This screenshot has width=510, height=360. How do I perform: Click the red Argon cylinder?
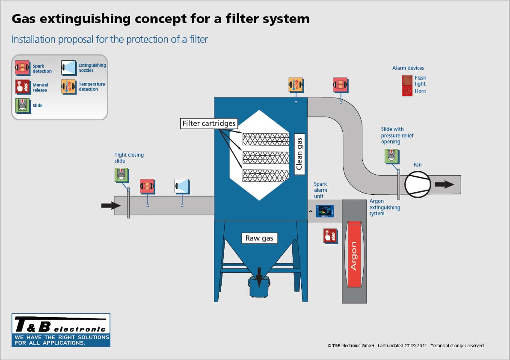(x=353, y=255)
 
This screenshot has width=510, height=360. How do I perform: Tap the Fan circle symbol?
(x=417, y=184)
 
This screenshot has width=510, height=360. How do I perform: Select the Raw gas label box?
(x=259, y=238)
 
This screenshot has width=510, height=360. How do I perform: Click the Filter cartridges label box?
(x=209, y=124)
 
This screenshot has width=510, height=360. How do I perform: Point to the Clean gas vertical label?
(x=299, y=154)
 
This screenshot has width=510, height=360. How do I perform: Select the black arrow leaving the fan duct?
(x=444, y=184)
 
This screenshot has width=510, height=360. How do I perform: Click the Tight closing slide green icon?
(x=121, y=175)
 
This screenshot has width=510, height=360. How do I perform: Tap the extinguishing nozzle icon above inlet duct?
(x=182, y=186)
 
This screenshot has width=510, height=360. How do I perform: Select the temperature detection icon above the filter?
(x=296, y=84)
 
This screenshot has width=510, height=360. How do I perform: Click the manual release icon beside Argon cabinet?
(x=330, y=235)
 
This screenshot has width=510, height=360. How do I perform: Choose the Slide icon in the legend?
(x=22, y=105)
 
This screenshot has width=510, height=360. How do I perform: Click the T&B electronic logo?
(x=61, y=330)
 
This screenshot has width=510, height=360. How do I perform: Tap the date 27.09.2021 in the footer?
(x=415, y=345)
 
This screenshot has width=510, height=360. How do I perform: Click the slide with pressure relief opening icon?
(x=391, y=156)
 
